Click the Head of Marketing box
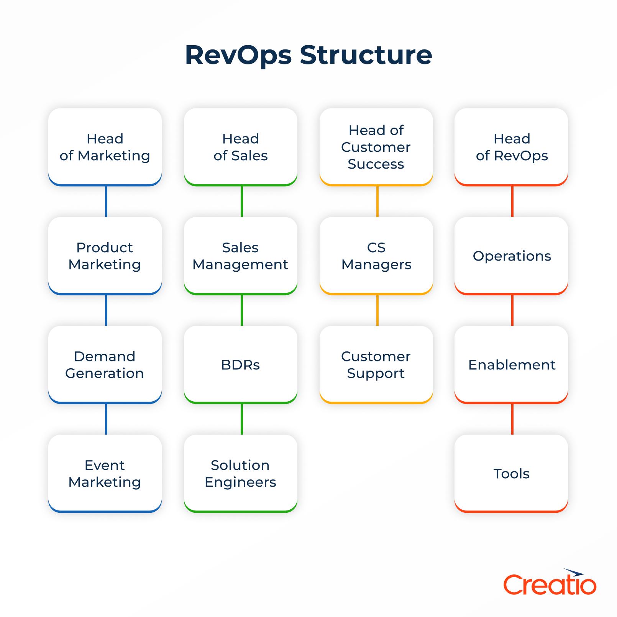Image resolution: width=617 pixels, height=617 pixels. [105, 147]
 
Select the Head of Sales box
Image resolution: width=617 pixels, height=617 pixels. [240, 147]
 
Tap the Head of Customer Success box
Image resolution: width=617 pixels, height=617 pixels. [376, 147]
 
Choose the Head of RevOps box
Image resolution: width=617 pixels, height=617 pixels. [511, 147]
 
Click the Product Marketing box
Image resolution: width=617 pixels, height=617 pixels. [105, 256]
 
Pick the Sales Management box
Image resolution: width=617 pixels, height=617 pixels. [240, 256]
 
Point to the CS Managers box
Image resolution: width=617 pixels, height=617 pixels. [376, 256]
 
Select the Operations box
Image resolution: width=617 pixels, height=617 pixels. [511, 256]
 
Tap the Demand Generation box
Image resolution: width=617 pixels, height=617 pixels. [105, 364]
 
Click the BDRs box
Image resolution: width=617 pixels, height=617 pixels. [240, 364]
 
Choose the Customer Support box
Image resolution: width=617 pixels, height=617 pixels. [376, 364]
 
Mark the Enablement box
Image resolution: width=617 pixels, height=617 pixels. [511, 364]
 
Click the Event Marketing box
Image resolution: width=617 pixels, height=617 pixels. [105, 473]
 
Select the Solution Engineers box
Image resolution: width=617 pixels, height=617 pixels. [240, 473]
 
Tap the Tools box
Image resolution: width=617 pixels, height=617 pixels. [511, 473]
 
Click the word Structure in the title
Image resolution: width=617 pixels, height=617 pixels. [366, 55]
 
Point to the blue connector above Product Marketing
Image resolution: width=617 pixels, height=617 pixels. [106, 202]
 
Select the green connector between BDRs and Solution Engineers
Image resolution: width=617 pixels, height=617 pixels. [242, 419]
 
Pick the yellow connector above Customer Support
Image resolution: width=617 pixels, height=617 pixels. [377, 310]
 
